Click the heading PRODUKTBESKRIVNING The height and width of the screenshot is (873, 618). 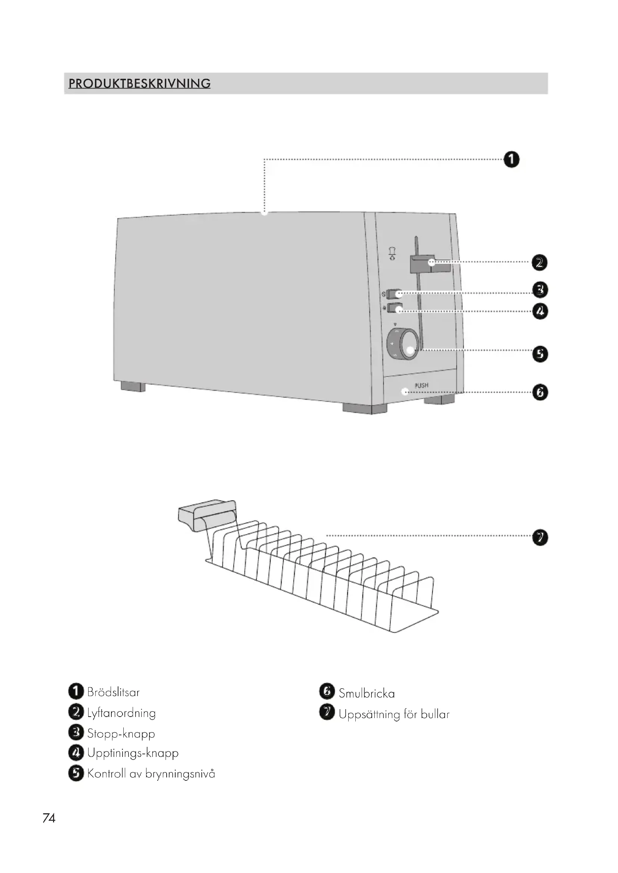pos(139,83)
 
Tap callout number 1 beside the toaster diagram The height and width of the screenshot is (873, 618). pos(511,159)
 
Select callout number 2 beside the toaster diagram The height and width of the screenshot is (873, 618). pos(539,263)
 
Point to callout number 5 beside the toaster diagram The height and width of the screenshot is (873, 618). pos(540,354)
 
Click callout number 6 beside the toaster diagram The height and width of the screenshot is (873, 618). pos(540,392)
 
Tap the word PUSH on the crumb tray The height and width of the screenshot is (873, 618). pos(421,385)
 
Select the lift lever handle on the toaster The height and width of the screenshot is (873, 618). pos(430,264)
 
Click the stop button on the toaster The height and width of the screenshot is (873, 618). pos(394,294)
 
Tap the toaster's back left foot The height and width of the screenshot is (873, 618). pos(133,387)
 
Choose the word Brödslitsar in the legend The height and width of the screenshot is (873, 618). pos(113,692)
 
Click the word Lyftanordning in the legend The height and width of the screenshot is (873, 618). pos(121,713)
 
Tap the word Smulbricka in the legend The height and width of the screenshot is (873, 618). pos(367,693)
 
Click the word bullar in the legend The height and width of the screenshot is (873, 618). pos(435,714)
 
